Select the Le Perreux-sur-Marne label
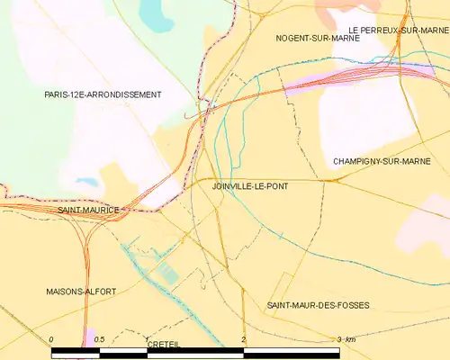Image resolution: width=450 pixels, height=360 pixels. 399,30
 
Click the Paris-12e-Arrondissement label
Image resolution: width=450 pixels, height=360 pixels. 103,94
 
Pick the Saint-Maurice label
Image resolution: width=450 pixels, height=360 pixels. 87,210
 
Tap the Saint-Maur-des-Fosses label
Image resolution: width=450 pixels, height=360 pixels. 318,306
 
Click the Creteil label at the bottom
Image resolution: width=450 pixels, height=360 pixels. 163,345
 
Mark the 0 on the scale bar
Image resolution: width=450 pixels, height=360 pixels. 52,339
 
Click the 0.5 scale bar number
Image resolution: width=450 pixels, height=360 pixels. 99,339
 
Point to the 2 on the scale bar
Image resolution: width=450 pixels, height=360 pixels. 243,339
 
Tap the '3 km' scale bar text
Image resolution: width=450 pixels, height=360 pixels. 346,339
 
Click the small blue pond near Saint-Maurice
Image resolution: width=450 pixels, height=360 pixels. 87,183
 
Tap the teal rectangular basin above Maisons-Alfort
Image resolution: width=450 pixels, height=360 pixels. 168,273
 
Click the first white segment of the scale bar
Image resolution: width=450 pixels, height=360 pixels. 76,352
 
